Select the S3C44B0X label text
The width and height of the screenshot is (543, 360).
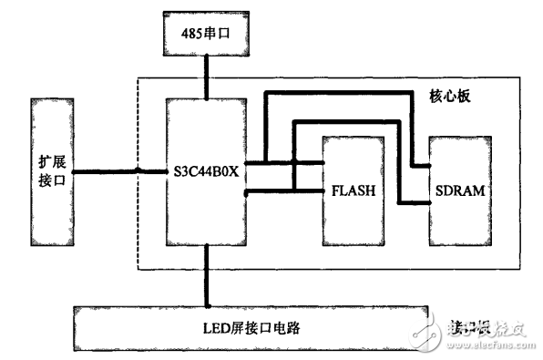pyautogui.click(x=206, y=170)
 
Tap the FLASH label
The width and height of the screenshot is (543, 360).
pyautogui.click(x=352, y=191)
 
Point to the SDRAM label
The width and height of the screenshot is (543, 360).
pyautogui.click(x=459, y=191)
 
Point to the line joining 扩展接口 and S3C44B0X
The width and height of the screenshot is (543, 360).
pyautogui.click(x=118, y=170)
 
